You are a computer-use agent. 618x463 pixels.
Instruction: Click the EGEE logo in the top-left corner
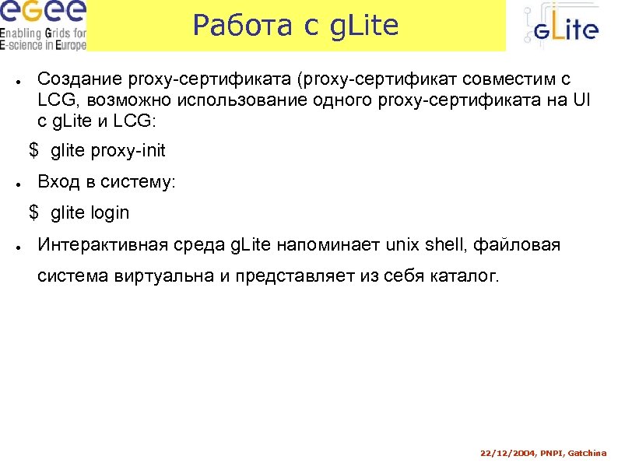coord(43,25)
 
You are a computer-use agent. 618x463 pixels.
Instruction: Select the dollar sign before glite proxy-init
coord(33,149)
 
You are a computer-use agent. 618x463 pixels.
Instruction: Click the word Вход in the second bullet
coord(58,182)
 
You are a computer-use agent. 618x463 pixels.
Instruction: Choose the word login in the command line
coord(110,212)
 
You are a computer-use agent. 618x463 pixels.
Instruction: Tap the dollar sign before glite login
coord(33,212)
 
